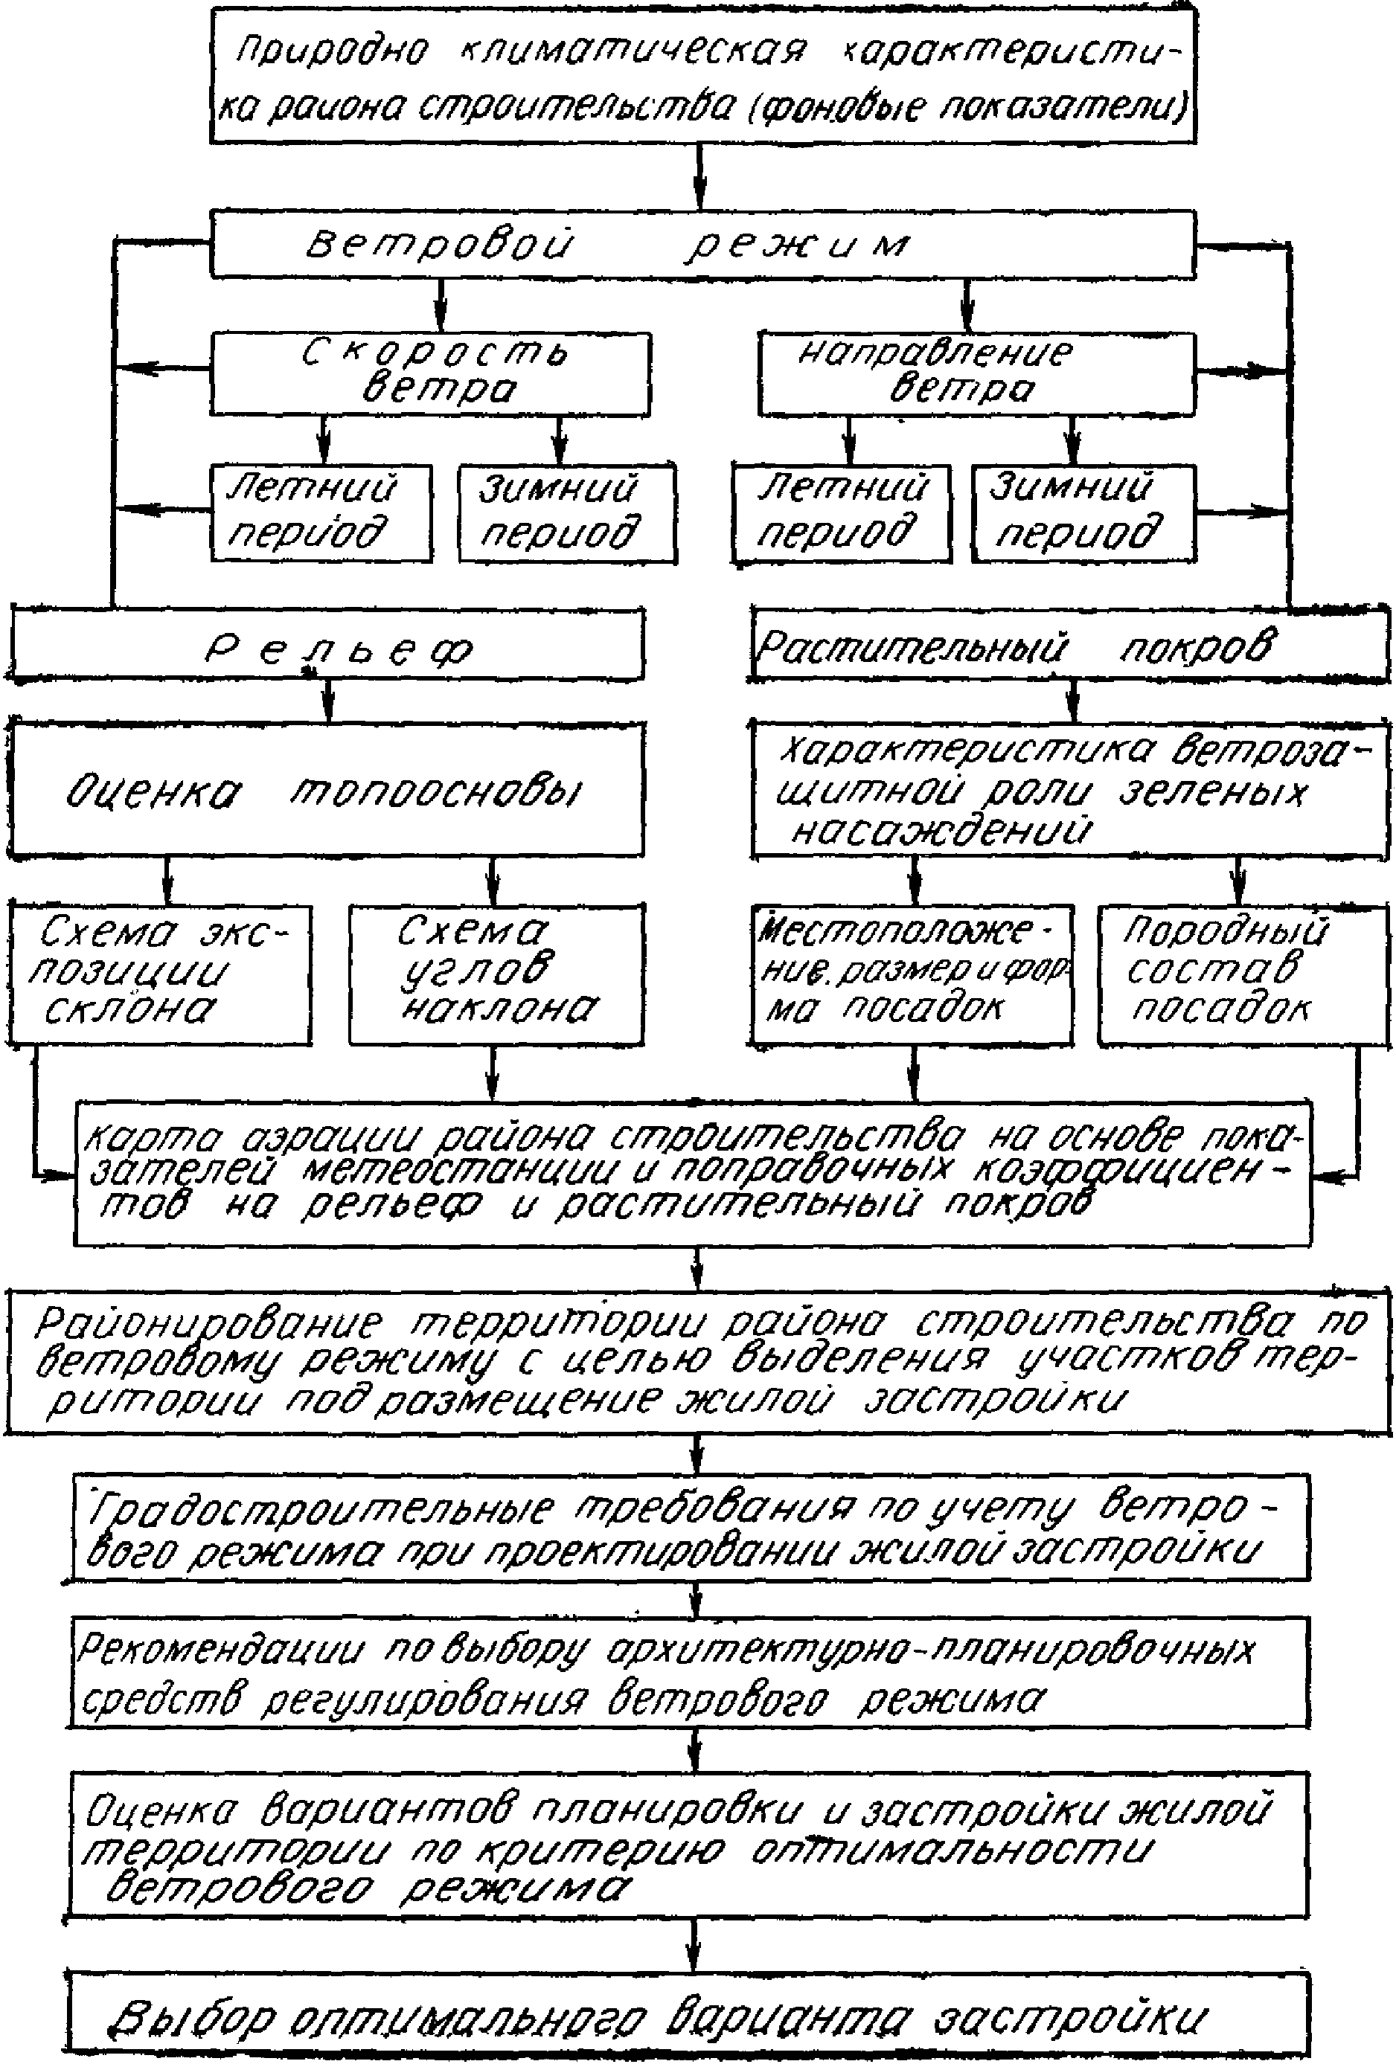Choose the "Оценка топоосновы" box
327,790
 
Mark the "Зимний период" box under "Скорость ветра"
567,512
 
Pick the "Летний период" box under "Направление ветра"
841,512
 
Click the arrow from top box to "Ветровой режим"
700,177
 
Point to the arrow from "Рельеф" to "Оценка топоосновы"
329,701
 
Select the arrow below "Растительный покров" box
1075,701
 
